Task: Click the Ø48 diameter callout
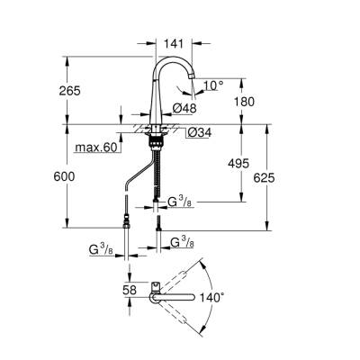coord(184,108)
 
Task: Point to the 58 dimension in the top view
coord(130,291)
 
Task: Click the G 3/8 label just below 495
coord(180,204)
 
